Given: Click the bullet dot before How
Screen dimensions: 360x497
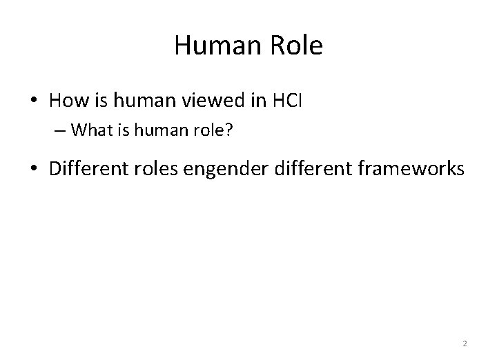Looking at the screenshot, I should tap(32, 101).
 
